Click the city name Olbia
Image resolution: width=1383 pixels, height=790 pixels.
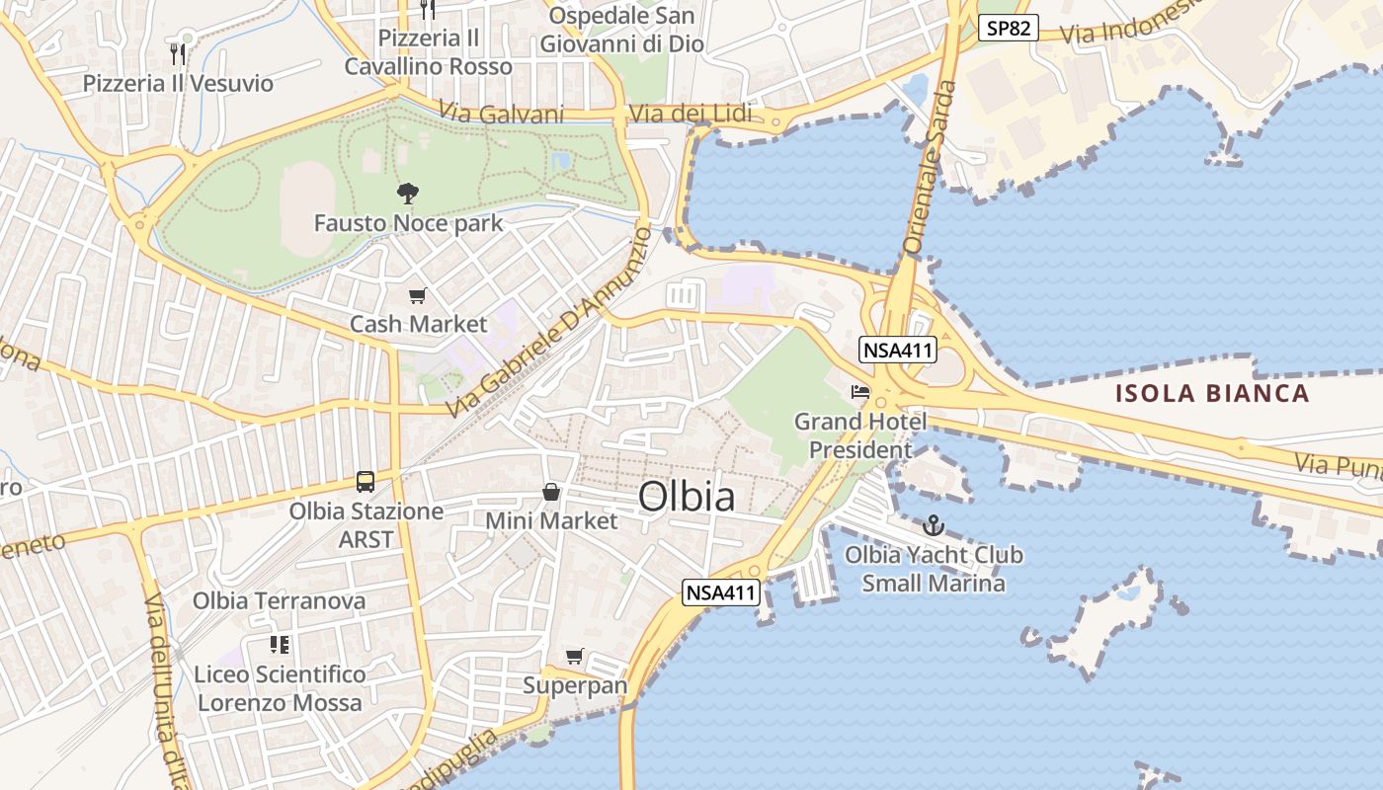[687, 497]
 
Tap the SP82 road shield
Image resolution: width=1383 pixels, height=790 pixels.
[1009, 28]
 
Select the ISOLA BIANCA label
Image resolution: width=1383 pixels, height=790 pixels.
[1212, 394]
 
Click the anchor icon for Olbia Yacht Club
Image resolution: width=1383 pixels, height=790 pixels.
[934, 525]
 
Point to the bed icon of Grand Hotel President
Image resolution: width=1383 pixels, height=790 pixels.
[860, 392]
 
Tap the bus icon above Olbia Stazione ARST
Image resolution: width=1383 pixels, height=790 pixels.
[366, 482]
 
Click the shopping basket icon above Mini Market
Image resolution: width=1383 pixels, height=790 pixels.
[551, 491]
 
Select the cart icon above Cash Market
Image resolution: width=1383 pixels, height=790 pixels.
[418, 295]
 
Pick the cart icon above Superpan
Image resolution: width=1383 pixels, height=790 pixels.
[574, 656]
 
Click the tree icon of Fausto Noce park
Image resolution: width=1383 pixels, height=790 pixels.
[406, 193]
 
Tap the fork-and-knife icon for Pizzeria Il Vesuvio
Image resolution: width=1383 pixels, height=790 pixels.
[178, 53]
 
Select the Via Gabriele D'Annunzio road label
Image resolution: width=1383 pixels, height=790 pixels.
[548, 322]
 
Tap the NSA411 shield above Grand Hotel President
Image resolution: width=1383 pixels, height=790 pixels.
[898, 350]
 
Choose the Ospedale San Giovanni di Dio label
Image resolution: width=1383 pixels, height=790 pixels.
[621, 30]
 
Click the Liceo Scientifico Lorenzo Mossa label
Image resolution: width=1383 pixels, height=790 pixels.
[281, 688]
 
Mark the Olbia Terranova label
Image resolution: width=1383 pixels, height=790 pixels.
[279, 600]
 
